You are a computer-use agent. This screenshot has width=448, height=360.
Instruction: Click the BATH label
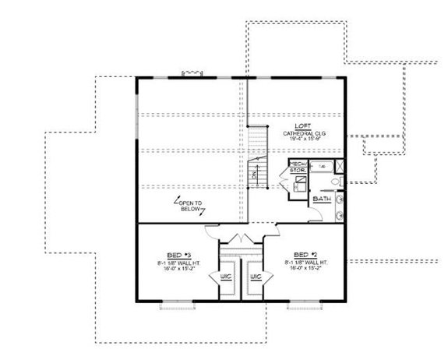321,199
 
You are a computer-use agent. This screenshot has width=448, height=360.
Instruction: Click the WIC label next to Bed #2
254,277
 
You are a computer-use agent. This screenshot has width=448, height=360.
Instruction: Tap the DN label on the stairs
254,175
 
